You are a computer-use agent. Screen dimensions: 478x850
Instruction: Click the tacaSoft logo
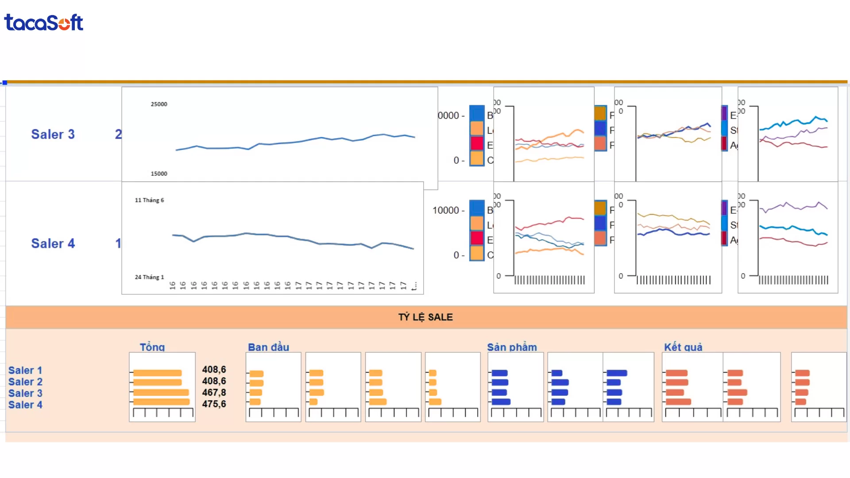[43, 23]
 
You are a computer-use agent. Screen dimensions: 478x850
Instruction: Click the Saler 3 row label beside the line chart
[53, 134]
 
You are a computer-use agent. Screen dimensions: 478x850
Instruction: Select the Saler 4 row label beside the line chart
[53, 243]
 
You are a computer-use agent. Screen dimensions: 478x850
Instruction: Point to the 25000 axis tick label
[159, 104]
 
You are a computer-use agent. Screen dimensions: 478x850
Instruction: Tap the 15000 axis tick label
[159, 173]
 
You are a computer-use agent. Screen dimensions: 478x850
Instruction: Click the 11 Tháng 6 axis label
[149, 200]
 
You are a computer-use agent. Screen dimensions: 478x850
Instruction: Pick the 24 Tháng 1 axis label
[149, 277]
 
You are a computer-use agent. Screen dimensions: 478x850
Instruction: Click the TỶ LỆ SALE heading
[425, 317]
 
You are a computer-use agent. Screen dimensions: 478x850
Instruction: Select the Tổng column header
[152, 347]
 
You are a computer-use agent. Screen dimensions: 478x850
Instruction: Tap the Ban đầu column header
[268, 347]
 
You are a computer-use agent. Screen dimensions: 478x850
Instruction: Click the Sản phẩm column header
[512, 347]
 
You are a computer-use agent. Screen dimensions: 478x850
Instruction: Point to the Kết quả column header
[683, 347]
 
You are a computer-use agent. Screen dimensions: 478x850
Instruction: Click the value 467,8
[214, 393]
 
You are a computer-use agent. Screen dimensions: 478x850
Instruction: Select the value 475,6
[214, 404]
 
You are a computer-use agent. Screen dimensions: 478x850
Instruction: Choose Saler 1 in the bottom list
[25, 370]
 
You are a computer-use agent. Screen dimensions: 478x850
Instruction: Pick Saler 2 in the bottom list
[25, 382]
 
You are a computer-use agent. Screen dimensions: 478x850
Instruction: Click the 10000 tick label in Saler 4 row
[445, 210]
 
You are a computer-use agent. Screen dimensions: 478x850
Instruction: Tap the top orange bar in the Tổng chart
[157, 373]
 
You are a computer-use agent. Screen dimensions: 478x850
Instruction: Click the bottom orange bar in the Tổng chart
[161, 402]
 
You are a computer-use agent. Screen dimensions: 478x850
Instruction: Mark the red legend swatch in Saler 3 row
[477, 143]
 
